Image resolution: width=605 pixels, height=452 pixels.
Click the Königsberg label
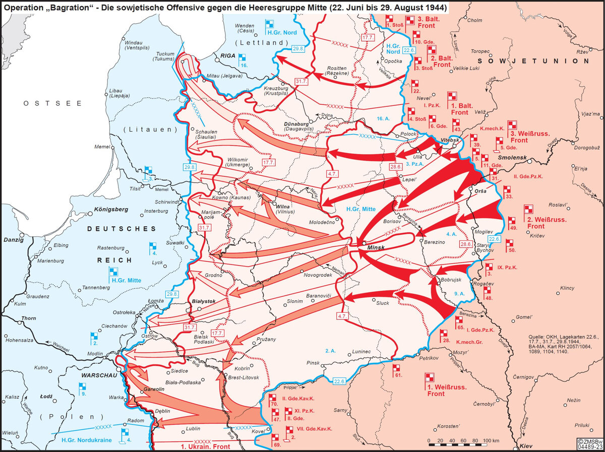tap(111, 209)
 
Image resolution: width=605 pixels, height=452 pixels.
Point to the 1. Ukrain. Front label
tap(205, 446)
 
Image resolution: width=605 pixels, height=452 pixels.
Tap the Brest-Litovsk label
tap(244, 377)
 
